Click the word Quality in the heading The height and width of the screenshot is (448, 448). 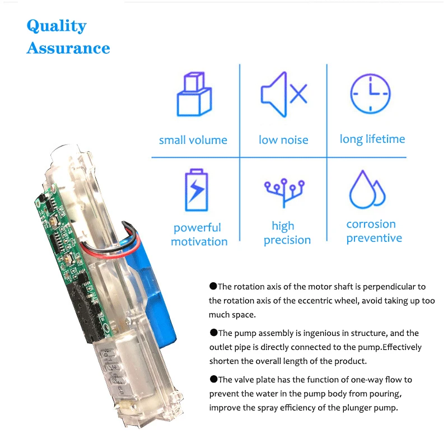point(57,26)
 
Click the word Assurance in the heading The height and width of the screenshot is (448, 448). point(68,48)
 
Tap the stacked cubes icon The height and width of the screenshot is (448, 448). point(194,94)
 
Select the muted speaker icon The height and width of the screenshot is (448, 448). point(283,94)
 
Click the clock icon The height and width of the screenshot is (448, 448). point(370,94)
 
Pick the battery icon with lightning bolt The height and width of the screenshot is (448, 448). point(196,190)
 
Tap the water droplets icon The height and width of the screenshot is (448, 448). point(367,190)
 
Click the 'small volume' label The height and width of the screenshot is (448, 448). point(193,140)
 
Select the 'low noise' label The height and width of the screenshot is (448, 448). point(283,140)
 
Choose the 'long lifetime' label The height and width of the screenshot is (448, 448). point(372,139)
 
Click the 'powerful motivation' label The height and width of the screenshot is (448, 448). point(199,235)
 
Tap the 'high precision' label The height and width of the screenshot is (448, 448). point(287,233)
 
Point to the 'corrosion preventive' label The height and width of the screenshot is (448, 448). point(374,231)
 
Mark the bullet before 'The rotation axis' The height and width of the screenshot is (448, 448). point(213,286)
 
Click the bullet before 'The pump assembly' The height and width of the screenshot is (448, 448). point(213,333)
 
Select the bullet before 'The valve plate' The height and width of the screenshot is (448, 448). point(213,380)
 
